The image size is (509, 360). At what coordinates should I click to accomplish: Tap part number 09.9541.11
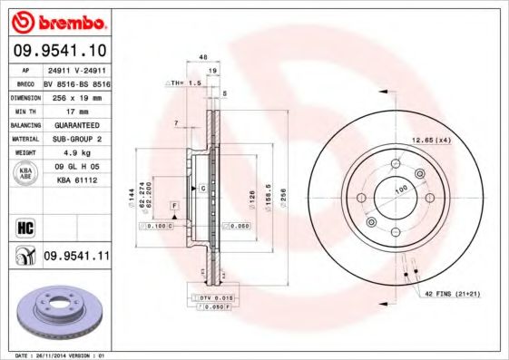(x=76, y=257)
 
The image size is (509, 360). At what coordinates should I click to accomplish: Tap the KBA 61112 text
(x=76, y=180)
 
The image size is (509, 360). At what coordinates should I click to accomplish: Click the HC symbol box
(x=24, y=226)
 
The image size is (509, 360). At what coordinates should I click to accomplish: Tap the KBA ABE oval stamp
(x=26, y=173)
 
